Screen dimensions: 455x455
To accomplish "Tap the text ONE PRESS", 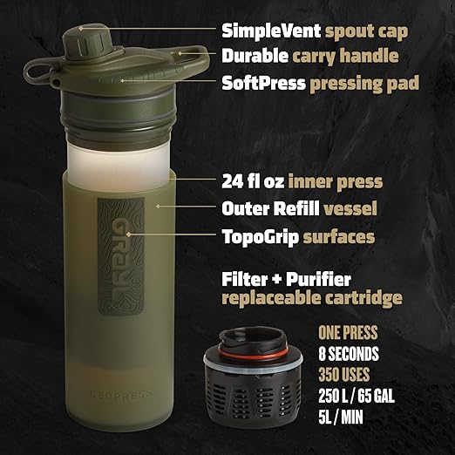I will [348, 333].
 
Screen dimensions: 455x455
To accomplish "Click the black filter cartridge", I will [259, 388].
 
